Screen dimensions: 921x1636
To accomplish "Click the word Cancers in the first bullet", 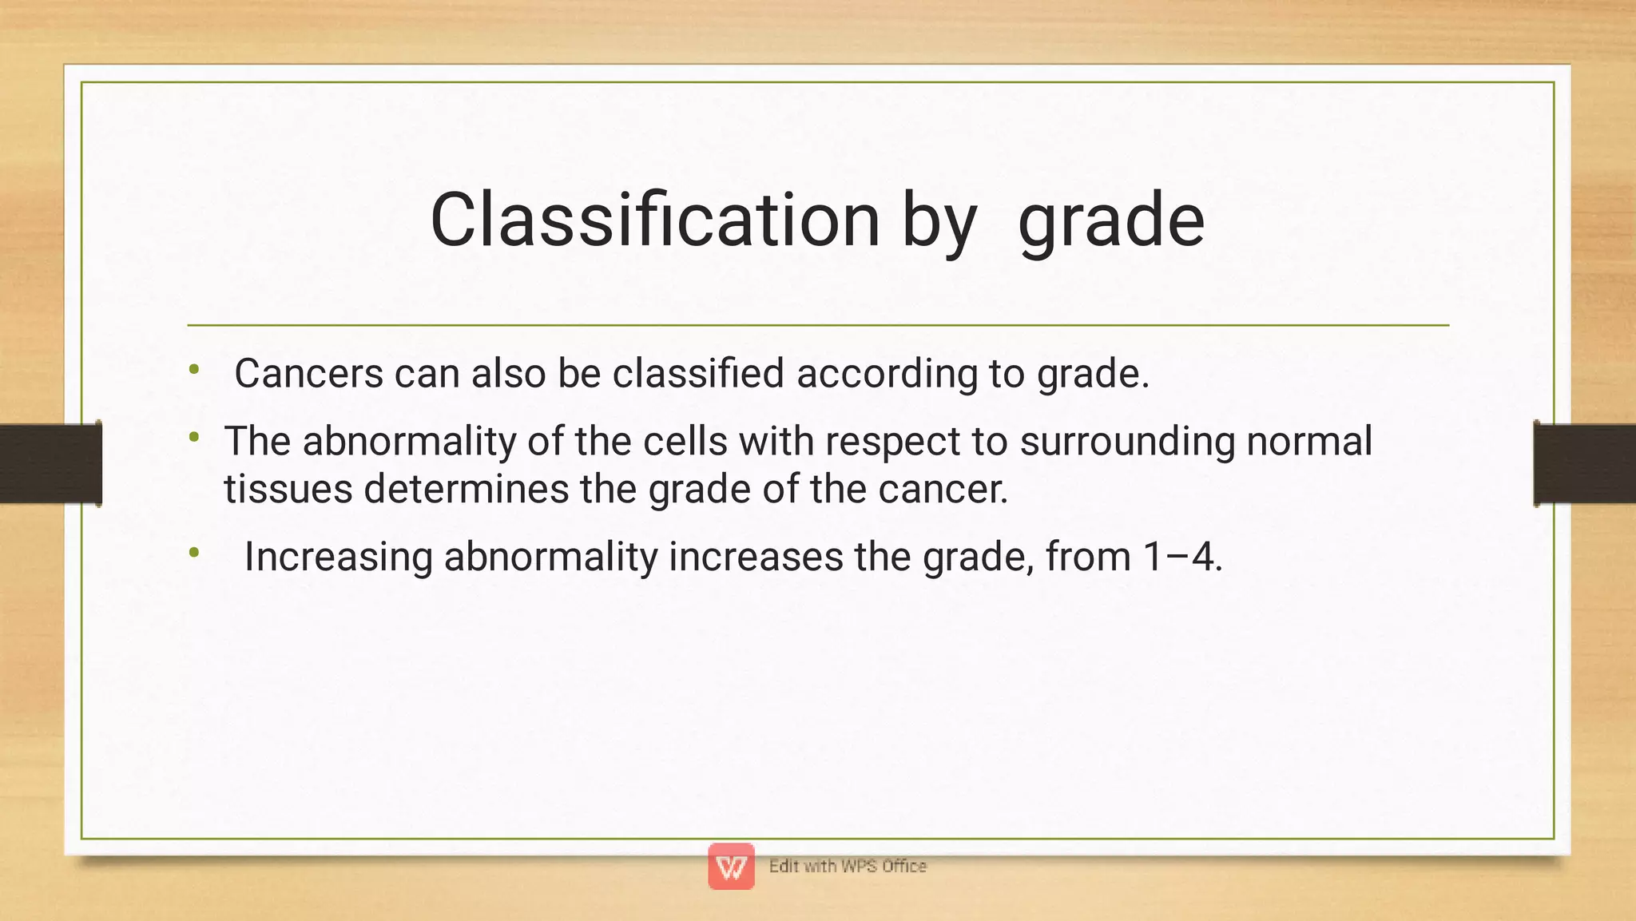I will [x=308, y=374].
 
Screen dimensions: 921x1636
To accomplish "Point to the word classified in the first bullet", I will [x=698, y=374].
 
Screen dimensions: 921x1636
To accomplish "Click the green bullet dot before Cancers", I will [x=194, y=369].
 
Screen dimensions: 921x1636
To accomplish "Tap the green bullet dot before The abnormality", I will [x=194, y=437].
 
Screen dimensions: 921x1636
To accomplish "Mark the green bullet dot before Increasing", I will [x=194, y=552].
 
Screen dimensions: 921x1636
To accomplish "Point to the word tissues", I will [x=288, y=489].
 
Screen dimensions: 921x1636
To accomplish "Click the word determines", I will [x=467, y=489].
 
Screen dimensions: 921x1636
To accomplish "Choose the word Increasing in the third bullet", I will [x=339, y=557].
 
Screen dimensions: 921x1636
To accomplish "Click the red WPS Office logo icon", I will [x=731, y=866].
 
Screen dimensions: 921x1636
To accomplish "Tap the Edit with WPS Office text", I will [x=848, y=866].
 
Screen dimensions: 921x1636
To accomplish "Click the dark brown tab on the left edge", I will [x=50, y=463].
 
